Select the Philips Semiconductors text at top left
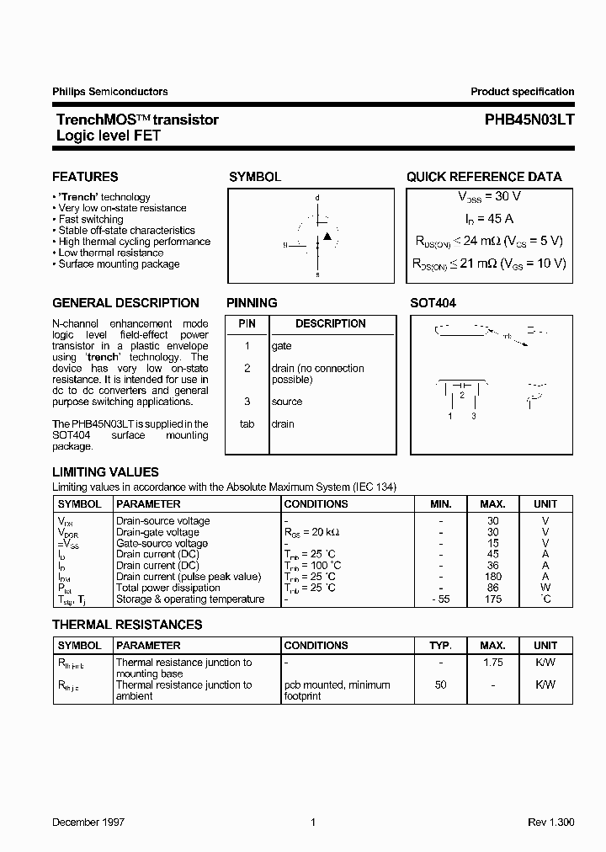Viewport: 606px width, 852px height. pyautogui.click(x=109, y=92)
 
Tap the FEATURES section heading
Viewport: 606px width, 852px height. pyautogui.click(x=85, y=177)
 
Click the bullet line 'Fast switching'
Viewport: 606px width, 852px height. pyautogui.click(x=91, y=219)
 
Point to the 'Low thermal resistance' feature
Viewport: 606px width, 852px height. pyautogui.click(x=111, y=253)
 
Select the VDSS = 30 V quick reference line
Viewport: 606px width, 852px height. pyautogui.click(x=489, y=196)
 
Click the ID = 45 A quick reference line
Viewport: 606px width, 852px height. pyautogui.click(x=489, y=219)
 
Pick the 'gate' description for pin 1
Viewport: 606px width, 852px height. pyautogui.click(x=282, y=346)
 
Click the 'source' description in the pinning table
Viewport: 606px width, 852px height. pyautogui.click(x=287, y=402)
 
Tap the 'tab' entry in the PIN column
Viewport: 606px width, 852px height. pyautogui.click(x=247, y=424)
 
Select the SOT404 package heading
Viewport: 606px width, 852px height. pyautogui.click(x=433, y=303)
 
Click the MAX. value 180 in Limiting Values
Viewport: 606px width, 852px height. pyautogui.click(x=492, y=577)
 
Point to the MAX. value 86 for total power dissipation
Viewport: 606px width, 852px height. pyautogui.click(x=492, y=588)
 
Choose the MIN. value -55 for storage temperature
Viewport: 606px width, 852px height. pyautogui.click(x=440, y=599)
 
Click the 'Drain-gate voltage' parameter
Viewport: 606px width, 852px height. pyautogui.click(x=157, y=532)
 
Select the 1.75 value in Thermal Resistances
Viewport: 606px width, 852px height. pyautogui.click(x=492, y=663)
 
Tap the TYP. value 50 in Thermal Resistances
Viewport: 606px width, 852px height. pyautogui.click(x=440, y=685)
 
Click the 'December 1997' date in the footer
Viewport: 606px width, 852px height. pyautogui.click(x=88, y=822)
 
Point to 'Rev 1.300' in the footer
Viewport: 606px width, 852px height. pyautogui.click(x=551, y=822)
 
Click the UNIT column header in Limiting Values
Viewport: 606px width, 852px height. pyautogui.click(x=545, y=504)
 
